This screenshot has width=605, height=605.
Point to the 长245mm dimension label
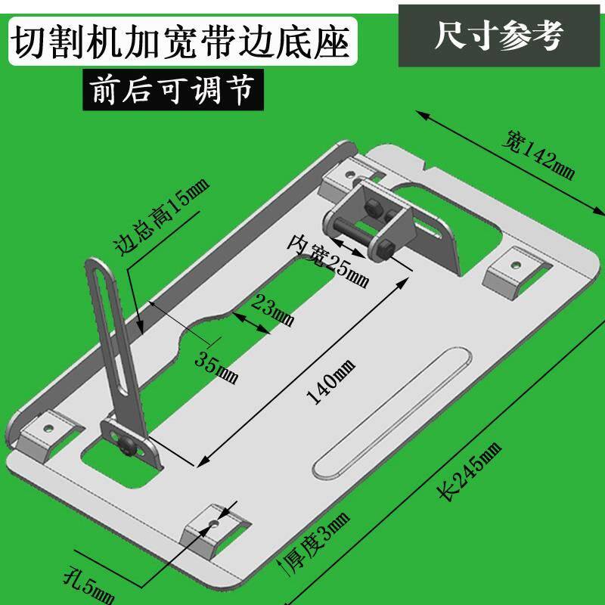(470, 470)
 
